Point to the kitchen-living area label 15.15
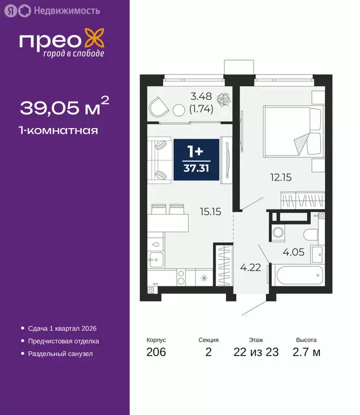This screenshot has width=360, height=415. [x=210, y=212]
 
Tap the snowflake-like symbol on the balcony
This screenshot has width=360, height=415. [x=222, y=100]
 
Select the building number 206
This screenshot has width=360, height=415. [x=156, y=352]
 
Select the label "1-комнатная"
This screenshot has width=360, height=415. [x=59, y=130]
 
